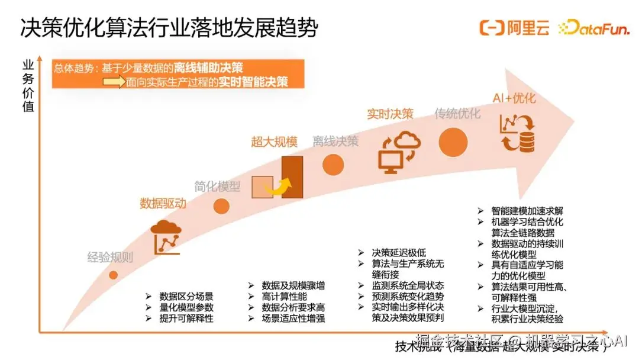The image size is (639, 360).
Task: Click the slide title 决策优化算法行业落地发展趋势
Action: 169,28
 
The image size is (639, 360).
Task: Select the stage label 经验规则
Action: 110,258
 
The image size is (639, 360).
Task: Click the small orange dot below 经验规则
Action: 114,275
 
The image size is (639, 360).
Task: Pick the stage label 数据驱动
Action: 163,204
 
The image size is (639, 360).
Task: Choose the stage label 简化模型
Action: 218,186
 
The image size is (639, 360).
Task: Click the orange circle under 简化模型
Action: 221,206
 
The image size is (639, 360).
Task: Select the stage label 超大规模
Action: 274,142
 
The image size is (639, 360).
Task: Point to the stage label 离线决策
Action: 335,142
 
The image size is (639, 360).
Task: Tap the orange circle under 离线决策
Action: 333,165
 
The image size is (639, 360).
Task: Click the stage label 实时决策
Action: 390,114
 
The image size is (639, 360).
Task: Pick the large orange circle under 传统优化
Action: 453,142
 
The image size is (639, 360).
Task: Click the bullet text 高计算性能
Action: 285,296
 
